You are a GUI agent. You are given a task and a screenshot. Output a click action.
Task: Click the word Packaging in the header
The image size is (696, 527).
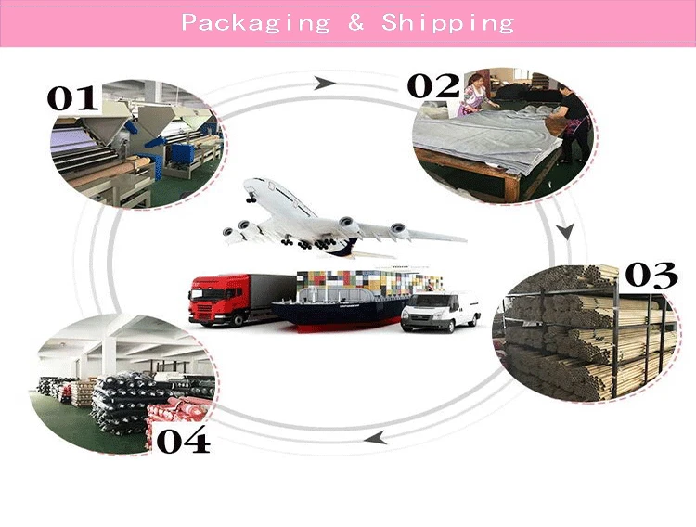[x=255, y=22]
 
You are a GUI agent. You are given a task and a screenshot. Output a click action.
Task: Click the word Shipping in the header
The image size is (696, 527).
[x=447, y=22]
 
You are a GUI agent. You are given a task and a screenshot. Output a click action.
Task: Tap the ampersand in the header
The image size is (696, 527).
[x=356, y=22]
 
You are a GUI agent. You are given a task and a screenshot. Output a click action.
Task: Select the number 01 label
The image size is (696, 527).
[x=73, y=97]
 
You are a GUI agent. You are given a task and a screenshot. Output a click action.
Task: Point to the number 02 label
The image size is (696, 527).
[x=433, y=86]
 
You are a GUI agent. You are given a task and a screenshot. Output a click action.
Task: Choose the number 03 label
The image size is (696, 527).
[x=651, y=276]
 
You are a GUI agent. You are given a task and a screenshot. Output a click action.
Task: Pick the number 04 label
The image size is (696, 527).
[x=183, y=439]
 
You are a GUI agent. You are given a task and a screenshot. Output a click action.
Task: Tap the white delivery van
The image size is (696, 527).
[x=439, y=312]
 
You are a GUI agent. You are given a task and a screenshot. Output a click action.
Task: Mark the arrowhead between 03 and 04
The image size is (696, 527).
[x=374, y=436]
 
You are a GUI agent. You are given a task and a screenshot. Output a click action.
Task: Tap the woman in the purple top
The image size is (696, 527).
[x=476, y=96]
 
